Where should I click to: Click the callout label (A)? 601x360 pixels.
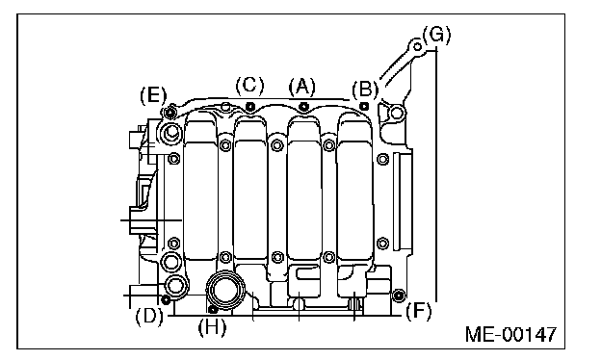[302, 87]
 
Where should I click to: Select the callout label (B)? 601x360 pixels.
[365, 90]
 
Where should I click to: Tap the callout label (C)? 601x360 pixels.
[249, 85]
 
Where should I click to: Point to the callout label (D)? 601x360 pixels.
[149, 317]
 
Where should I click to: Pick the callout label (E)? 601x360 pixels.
[153, 95]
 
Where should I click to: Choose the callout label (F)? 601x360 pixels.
[418, 311]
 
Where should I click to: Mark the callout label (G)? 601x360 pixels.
[436, 36]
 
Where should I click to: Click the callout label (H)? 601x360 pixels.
[212, 327]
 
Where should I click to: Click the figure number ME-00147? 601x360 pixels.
[510, 334]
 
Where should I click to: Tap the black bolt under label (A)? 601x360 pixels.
[303, 106]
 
